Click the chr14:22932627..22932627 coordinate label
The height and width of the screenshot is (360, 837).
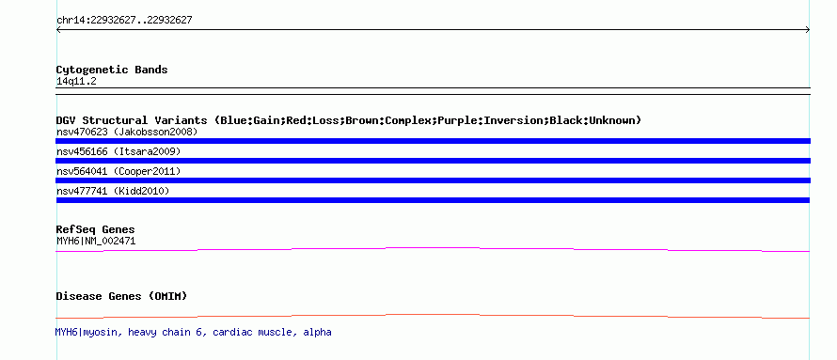coord(124,21)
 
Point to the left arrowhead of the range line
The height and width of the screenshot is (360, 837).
coord(58,30)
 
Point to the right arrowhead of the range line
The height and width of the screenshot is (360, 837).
coord(808,30)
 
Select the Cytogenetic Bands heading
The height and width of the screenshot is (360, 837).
coord(112,70)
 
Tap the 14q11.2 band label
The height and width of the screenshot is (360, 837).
coord(76,82)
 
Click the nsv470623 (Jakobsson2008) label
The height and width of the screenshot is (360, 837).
coord(127,132)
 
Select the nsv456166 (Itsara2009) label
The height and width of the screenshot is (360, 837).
coord(118,151)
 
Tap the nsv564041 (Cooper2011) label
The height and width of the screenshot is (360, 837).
coord(118,171)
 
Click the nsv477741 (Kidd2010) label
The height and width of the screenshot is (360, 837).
coord(113,191)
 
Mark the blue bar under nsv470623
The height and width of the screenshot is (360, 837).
coord(433,141)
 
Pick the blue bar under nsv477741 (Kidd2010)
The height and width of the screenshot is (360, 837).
coord(433,200)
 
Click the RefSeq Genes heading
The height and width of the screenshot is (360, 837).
coord(96,229)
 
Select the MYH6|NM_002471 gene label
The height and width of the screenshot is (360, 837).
coord(96,241)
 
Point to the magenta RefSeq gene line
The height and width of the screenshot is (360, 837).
coord(433,248)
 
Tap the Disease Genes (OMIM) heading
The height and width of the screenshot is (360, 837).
coord(121,296)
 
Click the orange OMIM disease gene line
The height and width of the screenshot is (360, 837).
coord(433,316)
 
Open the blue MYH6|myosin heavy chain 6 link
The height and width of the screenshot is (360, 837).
coord(193,332)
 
